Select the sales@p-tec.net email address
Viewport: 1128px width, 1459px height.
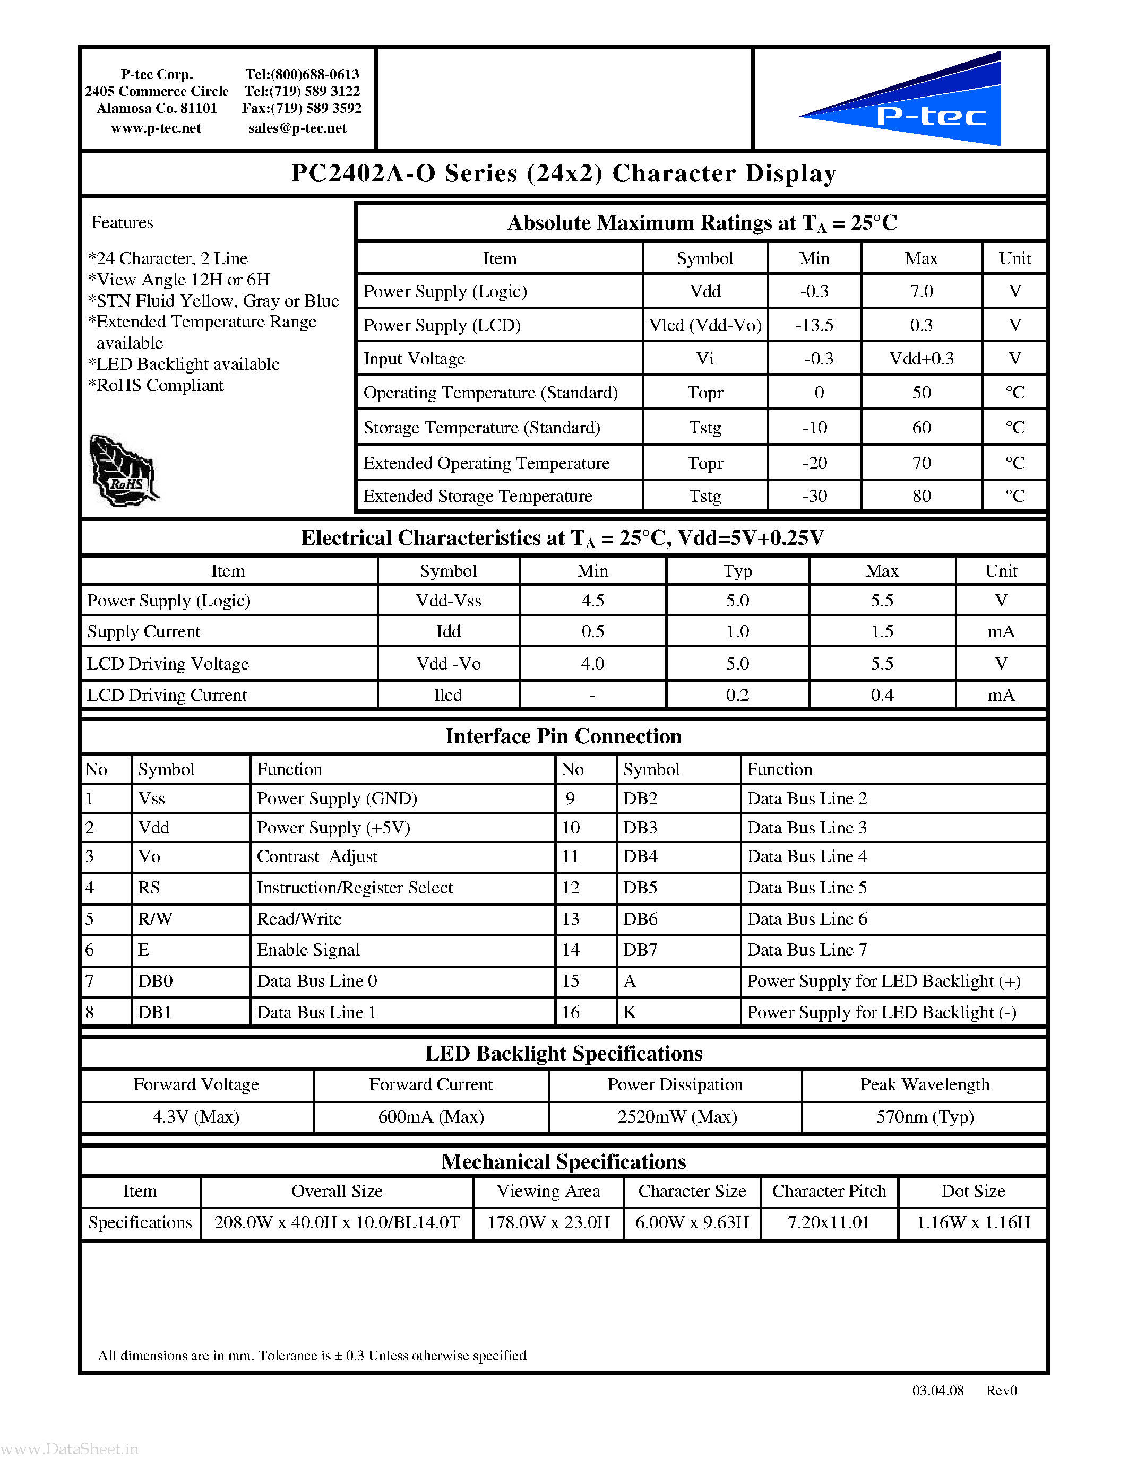(297, 128)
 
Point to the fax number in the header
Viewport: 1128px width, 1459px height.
(302, 108)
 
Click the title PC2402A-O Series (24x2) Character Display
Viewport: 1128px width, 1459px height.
(563, 173)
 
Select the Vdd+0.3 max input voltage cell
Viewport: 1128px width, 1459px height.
(921, 359)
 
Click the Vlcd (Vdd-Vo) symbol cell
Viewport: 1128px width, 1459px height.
(705, 325)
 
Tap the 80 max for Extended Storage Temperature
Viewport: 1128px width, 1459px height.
(921, 496)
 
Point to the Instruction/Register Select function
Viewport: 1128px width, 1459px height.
(355, 888)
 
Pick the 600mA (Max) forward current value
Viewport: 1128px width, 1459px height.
(431, 1117)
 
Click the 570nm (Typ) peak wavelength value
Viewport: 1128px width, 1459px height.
(925, 1117)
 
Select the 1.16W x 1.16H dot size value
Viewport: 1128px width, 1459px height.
(973, 1222)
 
